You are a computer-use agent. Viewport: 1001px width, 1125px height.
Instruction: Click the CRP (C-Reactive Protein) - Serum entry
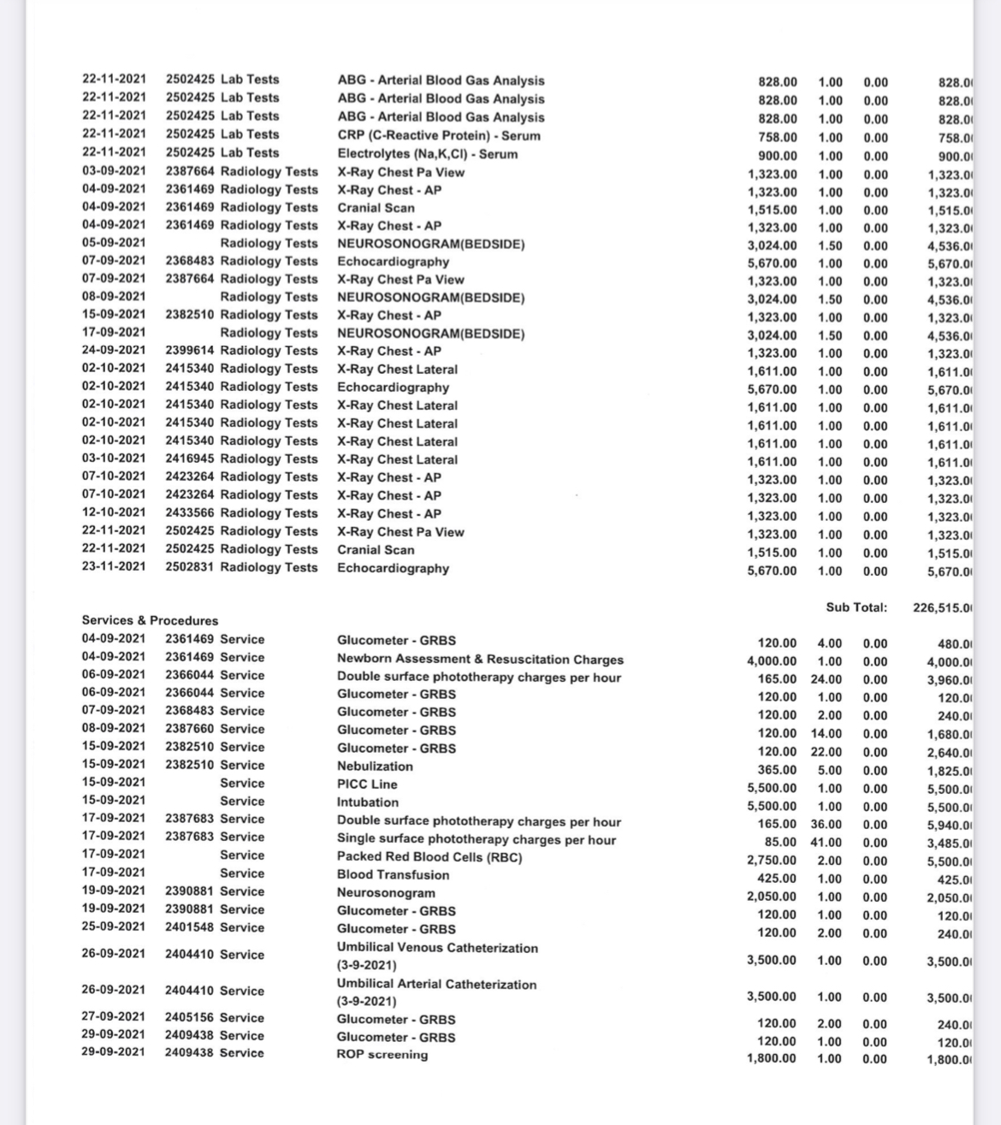(439, 135)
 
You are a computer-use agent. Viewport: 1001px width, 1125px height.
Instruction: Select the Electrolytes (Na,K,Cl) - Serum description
(427, 154)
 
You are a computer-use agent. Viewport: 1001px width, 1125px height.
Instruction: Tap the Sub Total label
(856, 607)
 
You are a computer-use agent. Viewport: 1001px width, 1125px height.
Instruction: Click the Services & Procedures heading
(150, 620)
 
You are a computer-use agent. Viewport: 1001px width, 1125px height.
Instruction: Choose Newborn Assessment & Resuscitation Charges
(480, 659)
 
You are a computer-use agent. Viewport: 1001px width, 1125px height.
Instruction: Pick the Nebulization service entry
(375, 766)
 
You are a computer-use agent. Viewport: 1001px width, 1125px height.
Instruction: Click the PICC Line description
(367, 784)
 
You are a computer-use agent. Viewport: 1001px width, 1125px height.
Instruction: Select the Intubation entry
(368, 802)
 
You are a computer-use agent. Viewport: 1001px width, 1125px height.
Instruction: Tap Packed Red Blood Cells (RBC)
(429, 856)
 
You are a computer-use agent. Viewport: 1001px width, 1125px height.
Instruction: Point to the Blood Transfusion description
(393, 874)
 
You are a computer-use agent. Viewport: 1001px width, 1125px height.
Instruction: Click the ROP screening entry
(382, 1054)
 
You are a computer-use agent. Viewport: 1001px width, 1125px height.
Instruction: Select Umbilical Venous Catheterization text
(437, 948)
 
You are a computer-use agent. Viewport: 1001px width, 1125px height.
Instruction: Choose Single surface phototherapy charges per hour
(477, 839)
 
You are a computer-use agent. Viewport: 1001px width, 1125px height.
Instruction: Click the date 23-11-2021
(114, 566)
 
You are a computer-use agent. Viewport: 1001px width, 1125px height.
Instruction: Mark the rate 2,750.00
(772, 860)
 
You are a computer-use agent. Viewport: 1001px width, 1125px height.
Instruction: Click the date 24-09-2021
(114, 350)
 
